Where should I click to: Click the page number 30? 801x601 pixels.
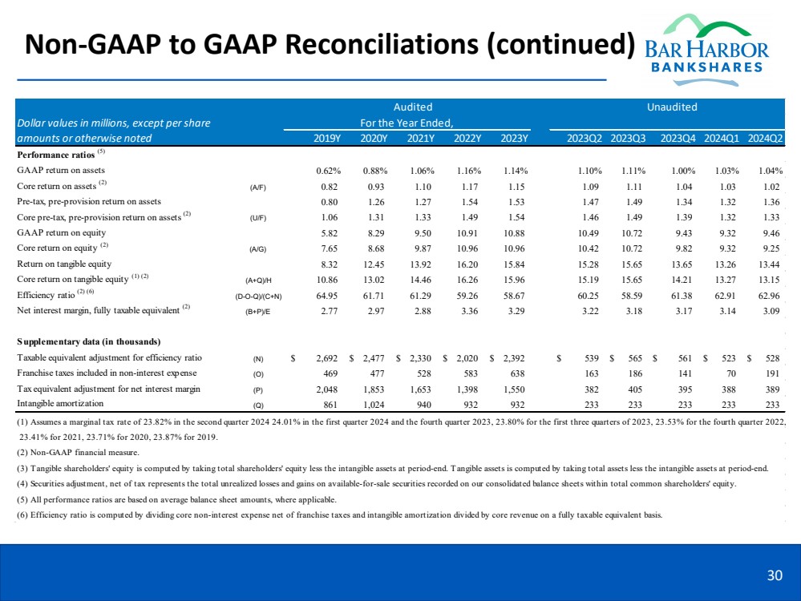(x=775, y=574)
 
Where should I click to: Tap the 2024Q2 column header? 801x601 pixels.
(x=765, y=138)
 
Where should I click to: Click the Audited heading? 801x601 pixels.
(x=413, y=107)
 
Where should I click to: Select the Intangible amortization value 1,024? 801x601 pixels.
(x=375, y=405)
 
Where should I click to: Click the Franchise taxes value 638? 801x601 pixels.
(x=516, y=373)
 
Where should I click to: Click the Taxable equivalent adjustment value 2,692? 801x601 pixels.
(x=323, y=358)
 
